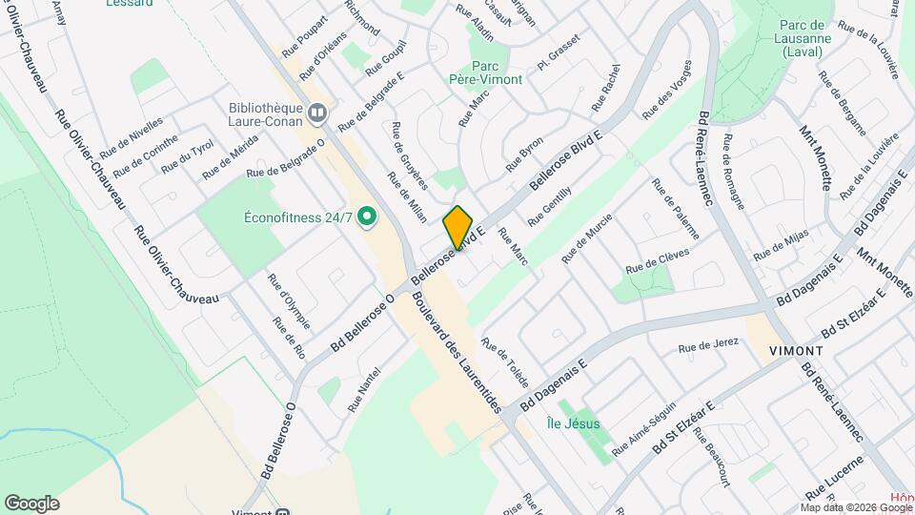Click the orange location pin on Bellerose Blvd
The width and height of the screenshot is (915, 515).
(458, 227)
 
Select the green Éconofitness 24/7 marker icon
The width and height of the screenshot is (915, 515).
(366, 216)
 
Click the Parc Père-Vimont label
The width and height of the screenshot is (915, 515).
(485, 72)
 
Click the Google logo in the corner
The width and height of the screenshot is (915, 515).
(31, 504)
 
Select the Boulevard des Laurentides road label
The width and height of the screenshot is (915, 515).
(457, 350)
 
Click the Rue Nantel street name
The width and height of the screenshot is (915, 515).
(364, 390)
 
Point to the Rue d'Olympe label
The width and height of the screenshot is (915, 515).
(288, 301)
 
